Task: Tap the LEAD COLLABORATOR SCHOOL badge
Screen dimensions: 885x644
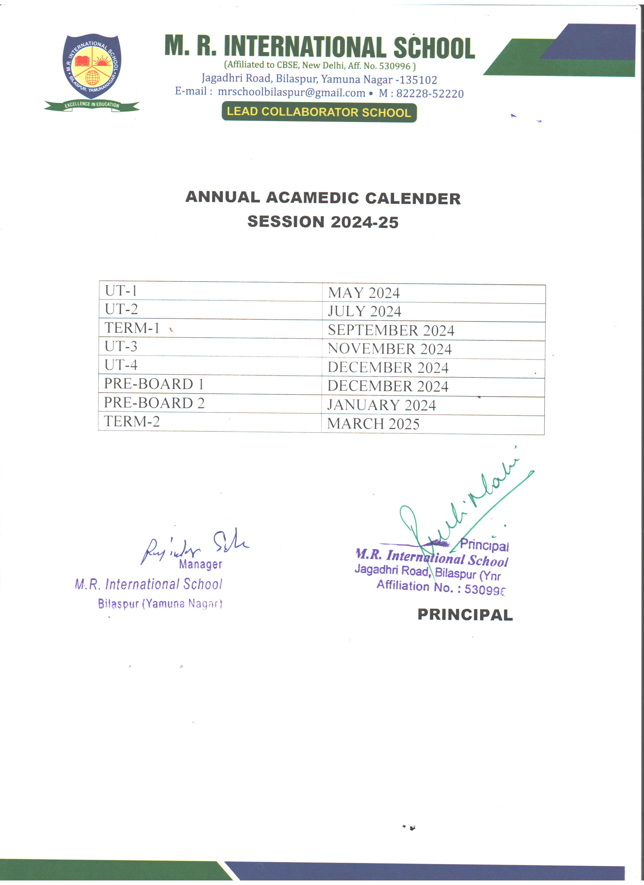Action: (319, 112)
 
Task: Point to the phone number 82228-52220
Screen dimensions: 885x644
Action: (430, 94)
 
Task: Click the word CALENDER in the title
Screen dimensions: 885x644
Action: (413, 198)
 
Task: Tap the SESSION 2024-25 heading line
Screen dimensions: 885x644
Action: (323, 222)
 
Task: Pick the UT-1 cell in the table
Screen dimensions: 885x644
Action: (121, 291)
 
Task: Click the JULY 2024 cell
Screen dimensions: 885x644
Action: (364, 311)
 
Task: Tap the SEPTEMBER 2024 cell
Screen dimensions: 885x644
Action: (391, 330)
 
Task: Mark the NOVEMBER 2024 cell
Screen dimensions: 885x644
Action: (389, 349)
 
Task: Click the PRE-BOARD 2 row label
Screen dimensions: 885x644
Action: (154, 403)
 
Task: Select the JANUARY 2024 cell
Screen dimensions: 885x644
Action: (381, 405)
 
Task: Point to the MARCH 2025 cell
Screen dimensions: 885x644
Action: (373, 424)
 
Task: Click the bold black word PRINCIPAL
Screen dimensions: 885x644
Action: (465, 615)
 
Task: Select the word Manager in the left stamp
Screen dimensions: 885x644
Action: (200, 564)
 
